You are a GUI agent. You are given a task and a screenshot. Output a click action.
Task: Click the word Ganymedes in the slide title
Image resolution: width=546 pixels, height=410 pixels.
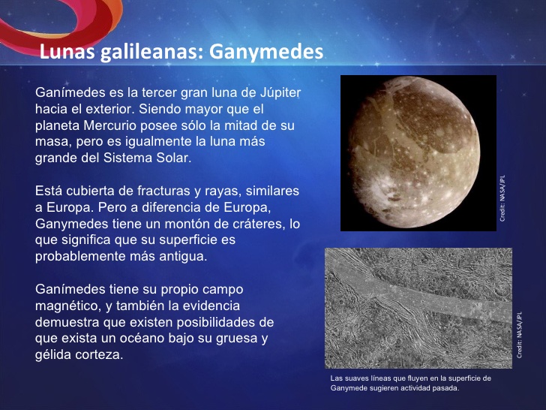click(266, 53)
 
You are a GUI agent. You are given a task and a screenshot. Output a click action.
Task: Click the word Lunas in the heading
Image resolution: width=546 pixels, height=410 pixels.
click(67, 52)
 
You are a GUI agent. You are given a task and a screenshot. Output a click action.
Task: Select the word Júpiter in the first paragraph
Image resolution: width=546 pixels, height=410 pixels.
click(280, 92)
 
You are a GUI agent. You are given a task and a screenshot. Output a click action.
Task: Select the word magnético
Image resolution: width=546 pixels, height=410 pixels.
click(69, 306)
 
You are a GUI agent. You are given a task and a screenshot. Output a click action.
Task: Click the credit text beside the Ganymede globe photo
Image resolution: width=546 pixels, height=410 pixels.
click(502, 198)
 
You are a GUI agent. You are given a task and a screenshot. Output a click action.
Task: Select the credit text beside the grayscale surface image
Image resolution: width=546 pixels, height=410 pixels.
click(519, 335)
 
